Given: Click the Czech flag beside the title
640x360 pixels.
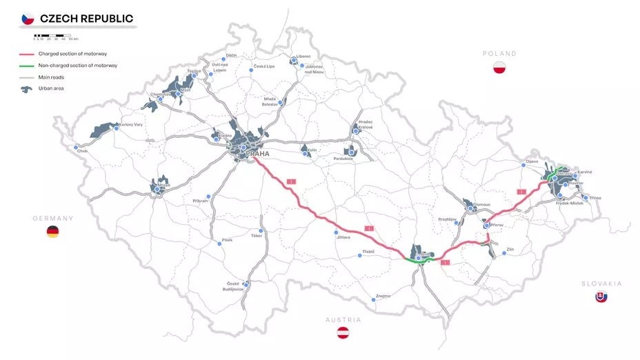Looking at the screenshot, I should click(x=28, y=19).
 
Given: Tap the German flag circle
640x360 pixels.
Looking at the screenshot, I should click(x=52, y=232).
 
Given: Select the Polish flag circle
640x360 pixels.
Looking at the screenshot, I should click(x=500, y=67).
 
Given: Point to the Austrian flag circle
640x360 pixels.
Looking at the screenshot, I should click(x=343, y=333).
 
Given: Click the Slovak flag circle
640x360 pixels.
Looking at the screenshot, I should click(x=601, y=297).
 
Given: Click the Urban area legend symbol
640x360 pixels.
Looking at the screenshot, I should click(x=27, y=88).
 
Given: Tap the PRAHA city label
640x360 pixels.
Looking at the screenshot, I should click(x=258, y=154).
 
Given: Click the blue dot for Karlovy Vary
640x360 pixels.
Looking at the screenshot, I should click(x=117, y=128).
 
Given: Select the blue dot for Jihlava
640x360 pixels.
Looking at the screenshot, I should click(x=336, y=232).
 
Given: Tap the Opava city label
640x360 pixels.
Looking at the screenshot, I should click(x=532, y=161).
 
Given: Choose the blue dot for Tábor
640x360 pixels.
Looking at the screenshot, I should click(x=261, y=231).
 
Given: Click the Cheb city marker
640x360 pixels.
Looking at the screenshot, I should click(x=76, y=147).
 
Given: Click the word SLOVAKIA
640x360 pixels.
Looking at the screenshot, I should click(x=601, y=283).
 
